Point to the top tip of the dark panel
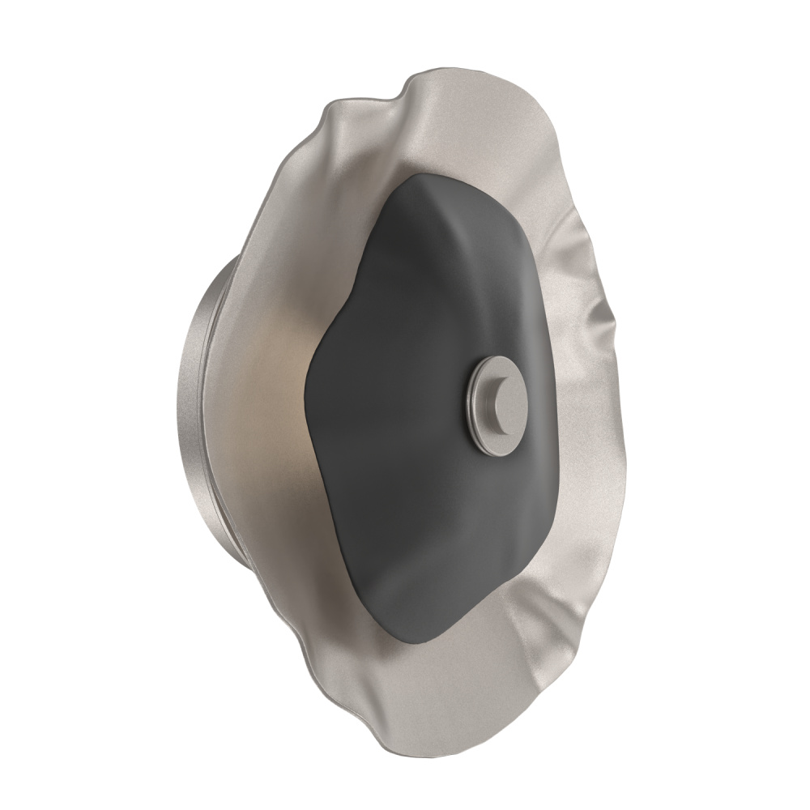(x=441, y=174)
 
